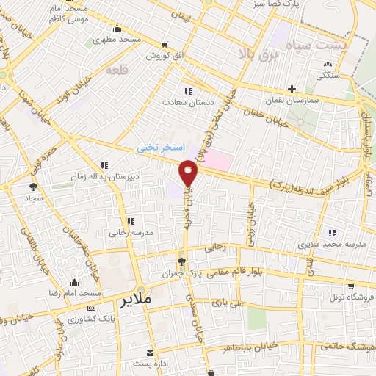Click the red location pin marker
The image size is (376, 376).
pyautogui.click(x=189, y=173)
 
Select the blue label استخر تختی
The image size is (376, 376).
pyautogui.click(x=159, y=148)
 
